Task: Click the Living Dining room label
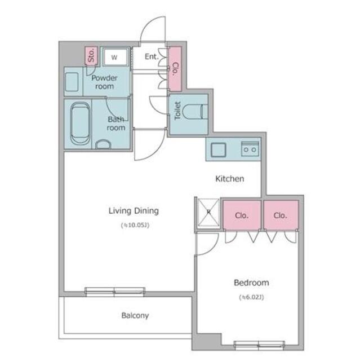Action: [134, 211]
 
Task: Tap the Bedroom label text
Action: [251, 283]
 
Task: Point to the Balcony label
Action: [135, 315]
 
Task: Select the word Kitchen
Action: [230, 179]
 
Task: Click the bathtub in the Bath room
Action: [80, 124]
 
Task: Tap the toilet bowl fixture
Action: [195, 112]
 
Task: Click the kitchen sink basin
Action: [219, 150]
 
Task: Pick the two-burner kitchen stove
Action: [250, 149]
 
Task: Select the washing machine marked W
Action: [115, 57]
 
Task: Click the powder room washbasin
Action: [72, 82]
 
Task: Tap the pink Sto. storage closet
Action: [91, 55]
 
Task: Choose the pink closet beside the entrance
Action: [175, 69]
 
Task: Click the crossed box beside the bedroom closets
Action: [209, 212]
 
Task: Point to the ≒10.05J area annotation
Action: [135, 225]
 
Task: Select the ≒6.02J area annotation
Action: [251, 297]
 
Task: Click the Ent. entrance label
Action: [152, 56]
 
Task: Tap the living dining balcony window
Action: [115, 292]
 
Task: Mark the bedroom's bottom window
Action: [259, 344]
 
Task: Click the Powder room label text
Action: [105, 82]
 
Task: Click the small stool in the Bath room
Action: [103, 144]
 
